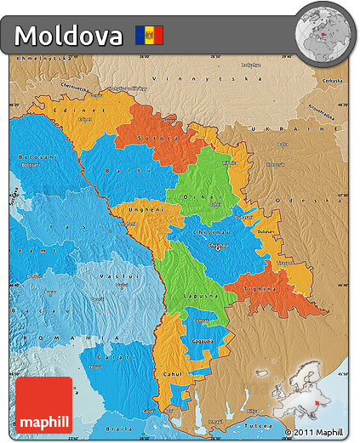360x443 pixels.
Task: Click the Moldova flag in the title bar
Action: point(149,36)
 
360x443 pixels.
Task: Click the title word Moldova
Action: point(69,36)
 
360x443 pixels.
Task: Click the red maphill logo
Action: point(43,406)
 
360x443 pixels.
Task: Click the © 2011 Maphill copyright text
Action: point(317,432)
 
